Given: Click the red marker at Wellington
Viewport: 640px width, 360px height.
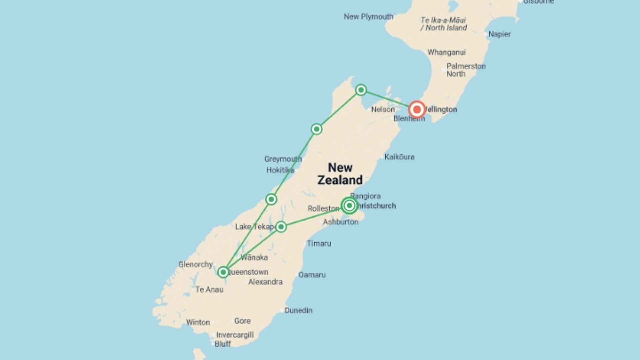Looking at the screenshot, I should pyautogui.click(x=417, y=109).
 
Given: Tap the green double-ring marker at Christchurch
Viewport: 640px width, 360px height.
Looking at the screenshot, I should pyautogui.click(x=349, y=206).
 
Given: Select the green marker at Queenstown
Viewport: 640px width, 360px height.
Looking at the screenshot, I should pyautogui.click(x=223, y=272).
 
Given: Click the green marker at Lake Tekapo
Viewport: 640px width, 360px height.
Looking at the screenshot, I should pyautogui.click(x=281, y=227).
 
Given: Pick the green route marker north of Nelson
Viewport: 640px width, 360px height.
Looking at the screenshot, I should pyautogui.click(x=361, y=90).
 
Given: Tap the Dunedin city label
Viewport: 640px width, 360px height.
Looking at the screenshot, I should pyautogui.click(x=298, y=310).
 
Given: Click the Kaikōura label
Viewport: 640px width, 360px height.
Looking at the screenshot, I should pyautogui.click(x=399, y=157).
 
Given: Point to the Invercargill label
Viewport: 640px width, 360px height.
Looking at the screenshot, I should pyautogui.click(x=235, y=335).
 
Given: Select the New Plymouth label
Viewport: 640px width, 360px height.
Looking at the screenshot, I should pyautogui.click(x=368, y=17).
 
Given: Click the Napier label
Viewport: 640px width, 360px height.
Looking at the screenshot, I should pyautogui.click(x=499, y=34).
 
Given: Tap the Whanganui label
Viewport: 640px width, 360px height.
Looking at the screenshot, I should pyautogui.click(x=446, y=52).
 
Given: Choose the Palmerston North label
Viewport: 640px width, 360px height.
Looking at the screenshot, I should pyautogui.click(x=466, y=70).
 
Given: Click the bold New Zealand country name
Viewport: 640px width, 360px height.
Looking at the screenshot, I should pyautogui.click(x=340, y=174).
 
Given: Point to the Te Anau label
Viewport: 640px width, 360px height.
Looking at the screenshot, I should pyautogui.click(x=209, y=290).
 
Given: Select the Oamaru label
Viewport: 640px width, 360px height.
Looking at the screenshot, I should pyautogui.click(x=312, y=275).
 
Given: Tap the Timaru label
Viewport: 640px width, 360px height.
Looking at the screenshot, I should pyautogui.click(x=319, y=244).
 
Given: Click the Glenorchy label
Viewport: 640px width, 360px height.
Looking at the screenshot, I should pyautogui.click(x=195, y=264).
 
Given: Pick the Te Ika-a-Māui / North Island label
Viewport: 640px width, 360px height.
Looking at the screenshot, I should pyautogui.click(x=443, y=24).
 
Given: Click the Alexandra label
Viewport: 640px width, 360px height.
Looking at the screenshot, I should pyautogui.click(x=265, y=282).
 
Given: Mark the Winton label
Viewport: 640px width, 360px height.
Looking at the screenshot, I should pyautogui.click(x=198, y=322).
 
